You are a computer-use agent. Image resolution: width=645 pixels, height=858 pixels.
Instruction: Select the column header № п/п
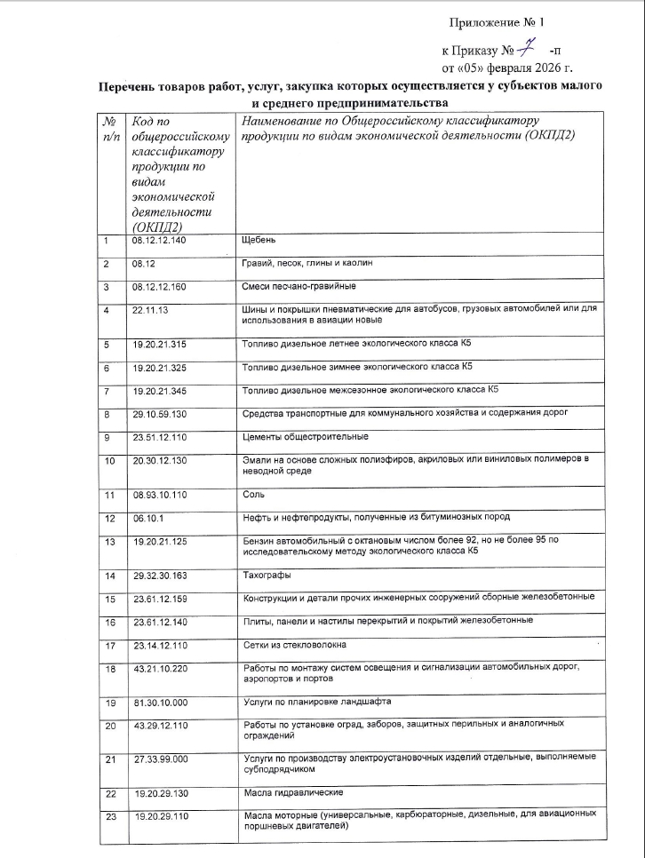pos(110,128)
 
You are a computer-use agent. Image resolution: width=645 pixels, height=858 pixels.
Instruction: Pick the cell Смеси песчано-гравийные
pos(299,287)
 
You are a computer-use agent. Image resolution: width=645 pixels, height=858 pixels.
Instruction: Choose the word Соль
pos(253,494)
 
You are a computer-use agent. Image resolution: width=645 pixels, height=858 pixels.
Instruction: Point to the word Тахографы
pos(267,576)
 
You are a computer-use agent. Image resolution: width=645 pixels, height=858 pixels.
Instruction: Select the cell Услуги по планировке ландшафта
pos(316,702)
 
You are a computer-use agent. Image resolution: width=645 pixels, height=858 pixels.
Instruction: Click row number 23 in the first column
pos(111,815)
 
